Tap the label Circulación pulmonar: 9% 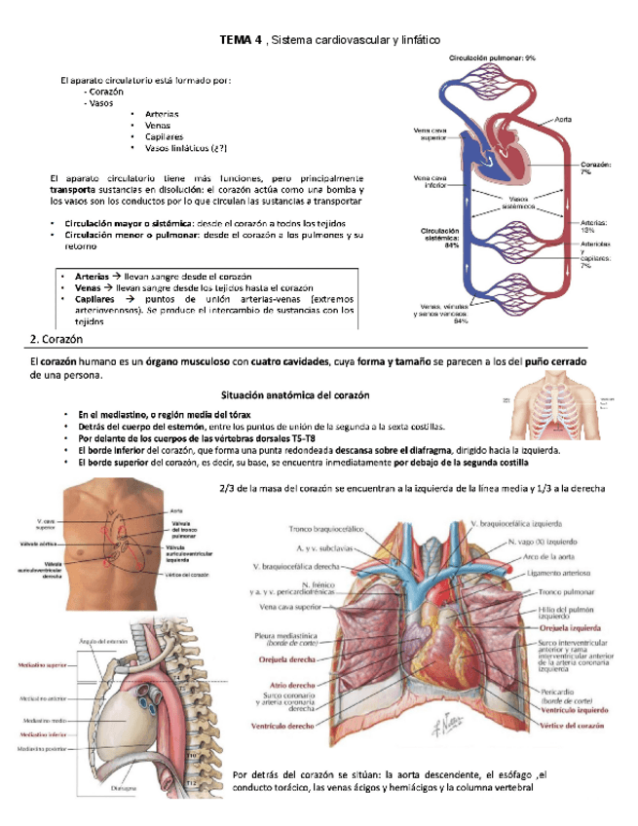[x=492, y=58]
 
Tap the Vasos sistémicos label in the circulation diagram [x=515, y=203]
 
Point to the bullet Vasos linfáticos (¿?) [x=185, y=148]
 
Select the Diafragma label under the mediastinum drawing [x=123, y=788]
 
